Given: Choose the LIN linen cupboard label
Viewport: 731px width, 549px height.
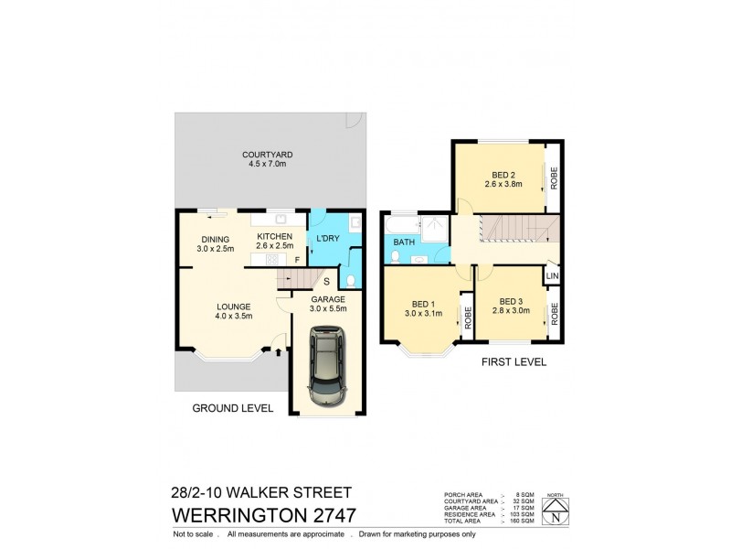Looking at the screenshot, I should point(552,275).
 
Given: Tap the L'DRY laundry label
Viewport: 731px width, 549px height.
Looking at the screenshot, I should point(328,240).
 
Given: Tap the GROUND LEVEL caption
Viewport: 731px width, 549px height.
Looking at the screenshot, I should point(232,408).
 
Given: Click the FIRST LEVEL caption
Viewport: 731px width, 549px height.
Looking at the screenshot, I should point(514,362).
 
